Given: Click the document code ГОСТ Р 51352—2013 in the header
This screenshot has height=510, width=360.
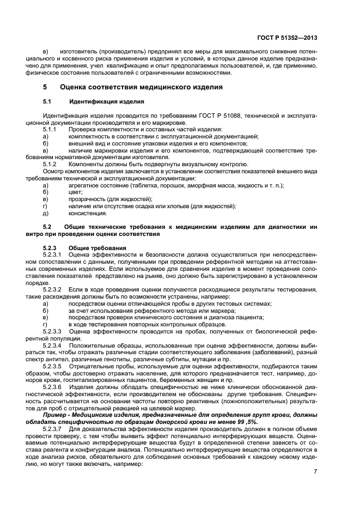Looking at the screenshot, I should pos(286,38).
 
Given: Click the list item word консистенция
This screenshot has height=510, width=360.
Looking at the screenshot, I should pos(87,213).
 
